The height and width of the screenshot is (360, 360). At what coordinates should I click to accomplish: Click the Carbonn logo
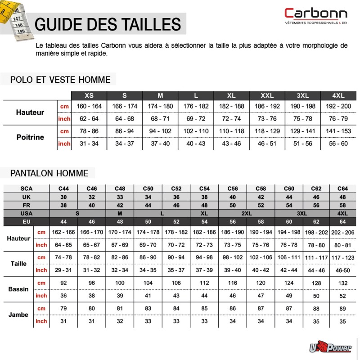(315, 16)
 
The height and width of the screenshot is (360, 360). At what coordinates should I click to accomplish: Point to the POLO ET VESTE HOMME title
(60, 80)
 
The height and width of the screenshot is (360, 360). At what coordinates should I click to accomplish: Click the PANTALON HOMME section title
(49, 173)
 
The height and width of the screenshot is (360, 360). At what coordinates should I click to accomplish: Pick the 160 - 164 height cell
(90, 106)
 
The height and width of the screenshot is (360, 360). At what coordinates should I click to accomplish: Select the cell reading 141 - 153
(338, 131)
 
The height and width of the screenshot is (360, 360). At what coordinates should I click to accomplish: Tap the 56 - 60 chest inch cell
(338, 144)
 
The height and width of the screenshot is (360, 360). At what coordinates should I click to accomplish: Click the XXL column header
(267, 96)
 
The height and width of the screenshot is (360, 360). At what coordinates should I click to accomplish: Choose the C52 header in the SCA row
(176, 189)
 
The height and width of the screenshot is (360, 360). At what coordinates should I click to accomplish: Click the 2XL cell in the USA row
(247, 213)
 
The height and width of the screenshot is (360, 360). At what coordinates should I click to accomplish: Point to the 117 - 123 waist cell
(343, 257)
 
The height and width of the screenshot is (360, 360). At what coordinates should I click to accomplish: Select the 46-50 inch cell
(343, 270)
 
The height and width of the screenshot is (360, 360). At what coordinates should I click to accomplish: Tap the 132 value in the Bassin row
(343, 283)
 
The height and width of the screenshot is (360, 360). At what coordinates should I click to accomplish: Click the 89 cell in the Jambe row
(343, 308)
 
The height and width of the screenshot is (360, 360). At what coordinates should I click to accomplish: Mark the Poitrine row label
(30, 137)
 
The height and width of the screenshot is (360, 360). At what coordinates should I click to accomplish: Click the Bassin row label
(18, 289)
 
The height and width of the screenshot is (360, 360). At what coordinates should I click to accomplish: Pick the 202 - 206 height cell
(343, 232)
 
